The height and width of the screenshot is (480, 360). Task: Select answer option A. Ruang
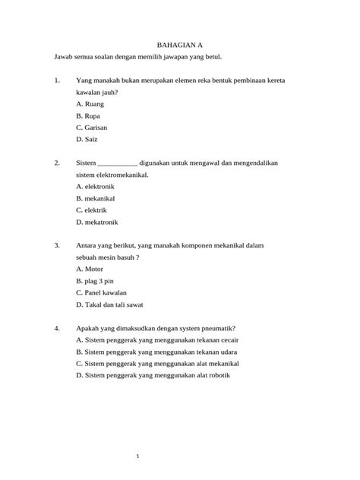point(90,103)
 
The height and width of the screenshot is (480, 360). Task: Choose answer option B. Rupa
point(89,115)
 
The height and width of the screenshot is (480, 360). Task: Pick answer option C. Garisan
point(92,128)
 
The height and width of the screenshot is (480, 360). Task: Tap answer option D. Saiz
point(87,140)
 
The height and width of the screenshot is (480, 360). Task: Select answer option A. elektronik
point(96,185)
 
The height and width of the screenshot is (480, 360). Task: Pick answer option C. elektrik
point(92,210)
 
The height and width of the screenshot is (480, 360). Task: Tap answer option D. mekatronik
point(97,222)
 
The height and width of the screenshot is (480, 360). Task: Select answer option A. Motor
point(90,268)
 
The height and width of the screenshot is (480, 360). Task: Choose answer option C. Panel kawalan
point(102,292)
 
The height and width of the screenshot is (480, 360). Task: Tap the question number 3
point(57,245)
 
